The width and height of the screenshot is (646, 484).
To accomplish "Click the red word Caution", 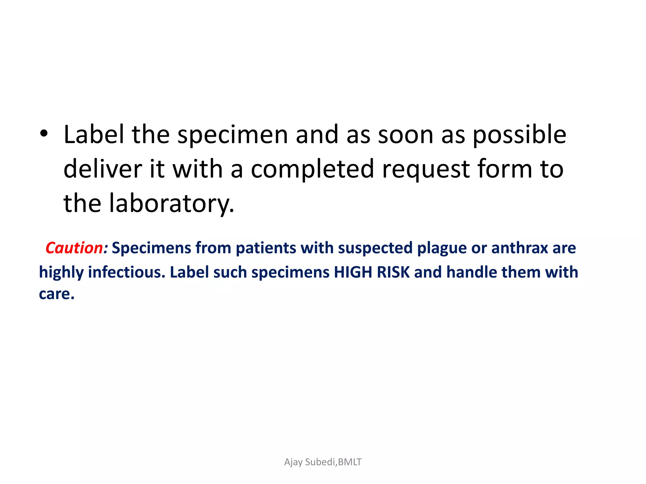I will click(x=74, y=248).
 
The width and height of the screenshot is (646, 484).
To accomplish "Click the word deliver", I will click(x=103, y=169).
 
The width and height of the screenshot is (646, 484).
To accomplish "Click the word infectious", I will click(x=126, y=272).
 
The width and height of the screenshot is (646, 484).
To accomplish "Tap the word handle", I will click(x=472, y=272).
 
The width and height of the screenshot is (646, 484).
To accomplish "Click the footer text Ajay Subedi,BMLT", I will click(x=323, y=462).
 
